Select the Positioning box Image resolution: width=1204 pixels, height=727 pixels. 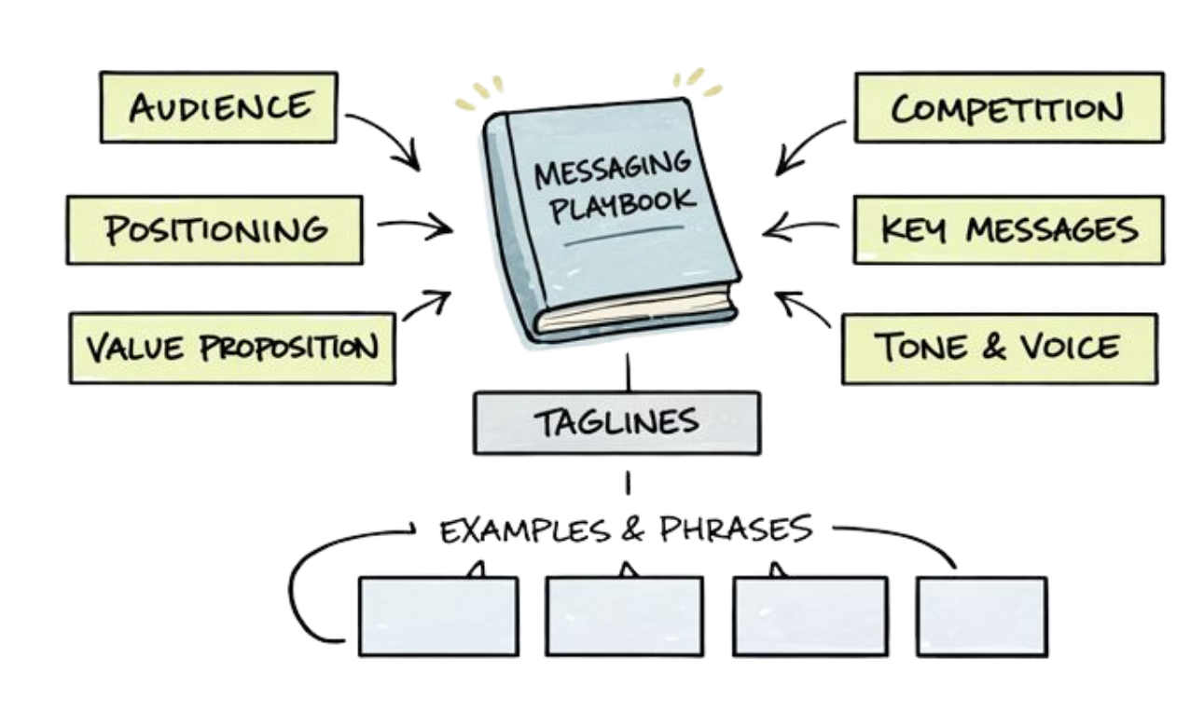tap(215, 228)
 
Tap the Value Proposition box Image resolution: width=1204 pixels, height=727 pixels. tap(231, 348)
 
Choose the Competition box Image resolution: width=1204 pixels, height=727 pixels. tap(1008, 108)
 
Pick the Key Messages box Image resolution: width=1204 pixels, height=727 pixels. tap(1008, 228)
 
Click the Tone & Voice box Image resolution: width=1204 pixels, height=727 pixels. tap(998, 348)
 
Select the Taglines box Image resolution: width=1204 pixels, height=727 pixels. tap(616, 421)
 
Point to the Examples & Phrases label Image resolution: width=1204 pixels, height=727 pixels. tap(626, 530)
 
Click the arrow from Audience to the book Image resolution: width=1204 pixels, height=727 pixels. tap(383, 137)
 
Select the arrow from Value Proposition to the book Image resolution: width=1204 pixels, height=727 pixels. tap(426, 307)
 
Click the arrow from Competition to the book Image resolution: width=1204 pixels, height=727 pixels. tap(810, 144)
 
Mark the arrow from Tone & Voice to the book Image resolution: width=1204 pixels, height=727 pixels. tap(803, 309)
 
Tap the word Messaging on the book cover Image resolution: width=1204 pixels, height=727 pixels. tap(612, 170)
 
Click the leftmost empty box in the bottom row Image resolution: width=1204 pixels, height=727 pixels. tap(437, 616)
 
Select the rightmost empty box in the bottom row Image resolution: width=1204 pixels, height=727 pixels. tap(982, 616)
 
